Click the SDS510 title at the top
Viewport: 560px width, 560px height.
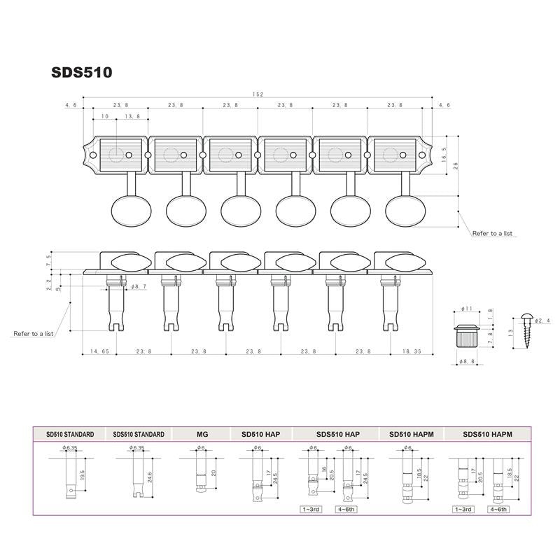81,72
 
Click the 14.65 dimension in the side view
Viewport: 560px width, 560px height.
99,352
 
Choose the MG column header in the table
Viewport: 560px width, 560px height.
203,435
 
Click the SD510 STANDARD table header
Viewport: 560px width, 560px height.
69,435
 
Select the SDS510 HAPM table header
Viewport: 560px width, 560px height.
487,435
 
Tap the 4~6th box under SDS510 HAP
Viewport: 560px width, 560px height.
346,510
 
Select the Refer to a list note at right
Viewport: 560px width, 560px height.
493,233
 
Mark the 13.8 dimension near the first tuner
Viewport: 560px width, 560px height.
132,116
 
